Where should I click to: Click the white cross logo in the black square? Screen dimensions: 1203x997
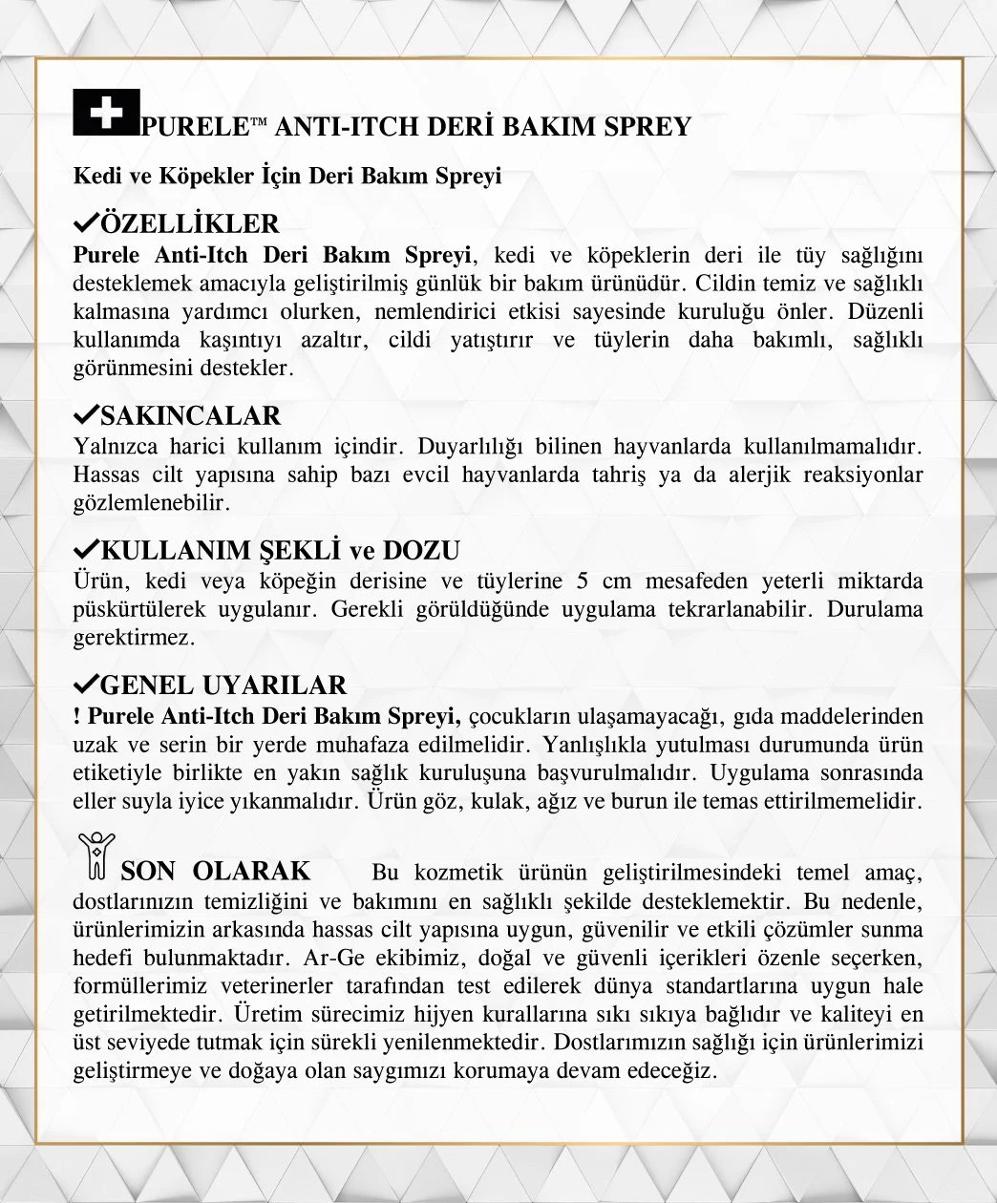click(x=107, y=113)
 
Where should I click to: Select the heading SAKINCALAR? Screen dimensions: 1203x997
click(x=190, y=416)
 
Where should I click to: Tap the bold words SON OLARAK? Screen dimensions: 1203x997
click(x=216, y=871)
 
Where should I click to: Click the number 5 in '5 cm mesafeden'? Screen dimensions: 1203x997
click(x=583, y=581)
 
